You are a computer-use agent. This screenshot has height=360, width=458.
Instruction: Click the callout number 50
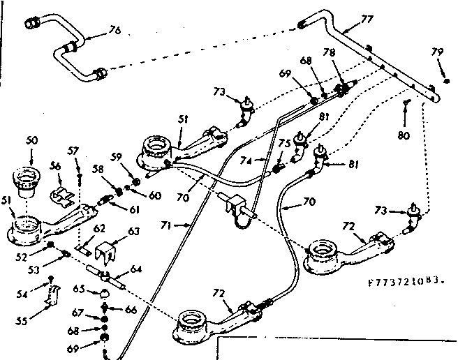click(31, 141)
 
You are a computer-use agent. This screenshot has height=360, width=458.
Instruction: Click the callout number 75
click(283, 144)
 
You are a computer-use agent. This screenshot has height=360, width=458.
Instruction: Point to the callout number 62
click(99, 227)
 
